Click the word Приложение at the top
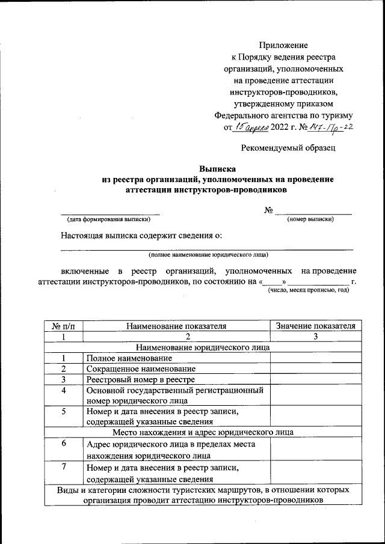point(283,45)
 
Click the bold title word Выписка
point(217,169)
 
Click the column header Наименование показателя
point(176,326)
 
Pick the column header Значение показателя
point(316,326)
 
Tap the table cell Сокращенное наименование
point(141,368)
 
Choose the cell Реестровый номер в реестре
point(140,379)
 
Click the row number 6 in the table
point(64,444)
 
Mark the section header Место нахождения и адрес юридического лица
point(203,432)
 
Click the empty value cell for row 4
point(316,395)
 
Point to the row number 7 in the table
point(64,467)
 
